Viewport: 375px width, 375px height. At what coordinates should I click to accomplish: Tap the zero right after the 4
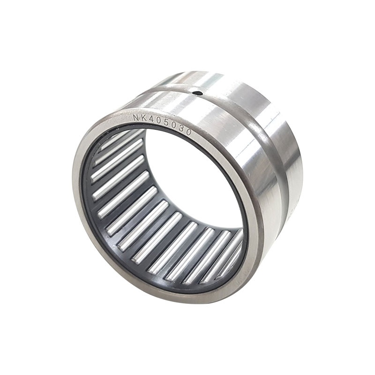(157, 122)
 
